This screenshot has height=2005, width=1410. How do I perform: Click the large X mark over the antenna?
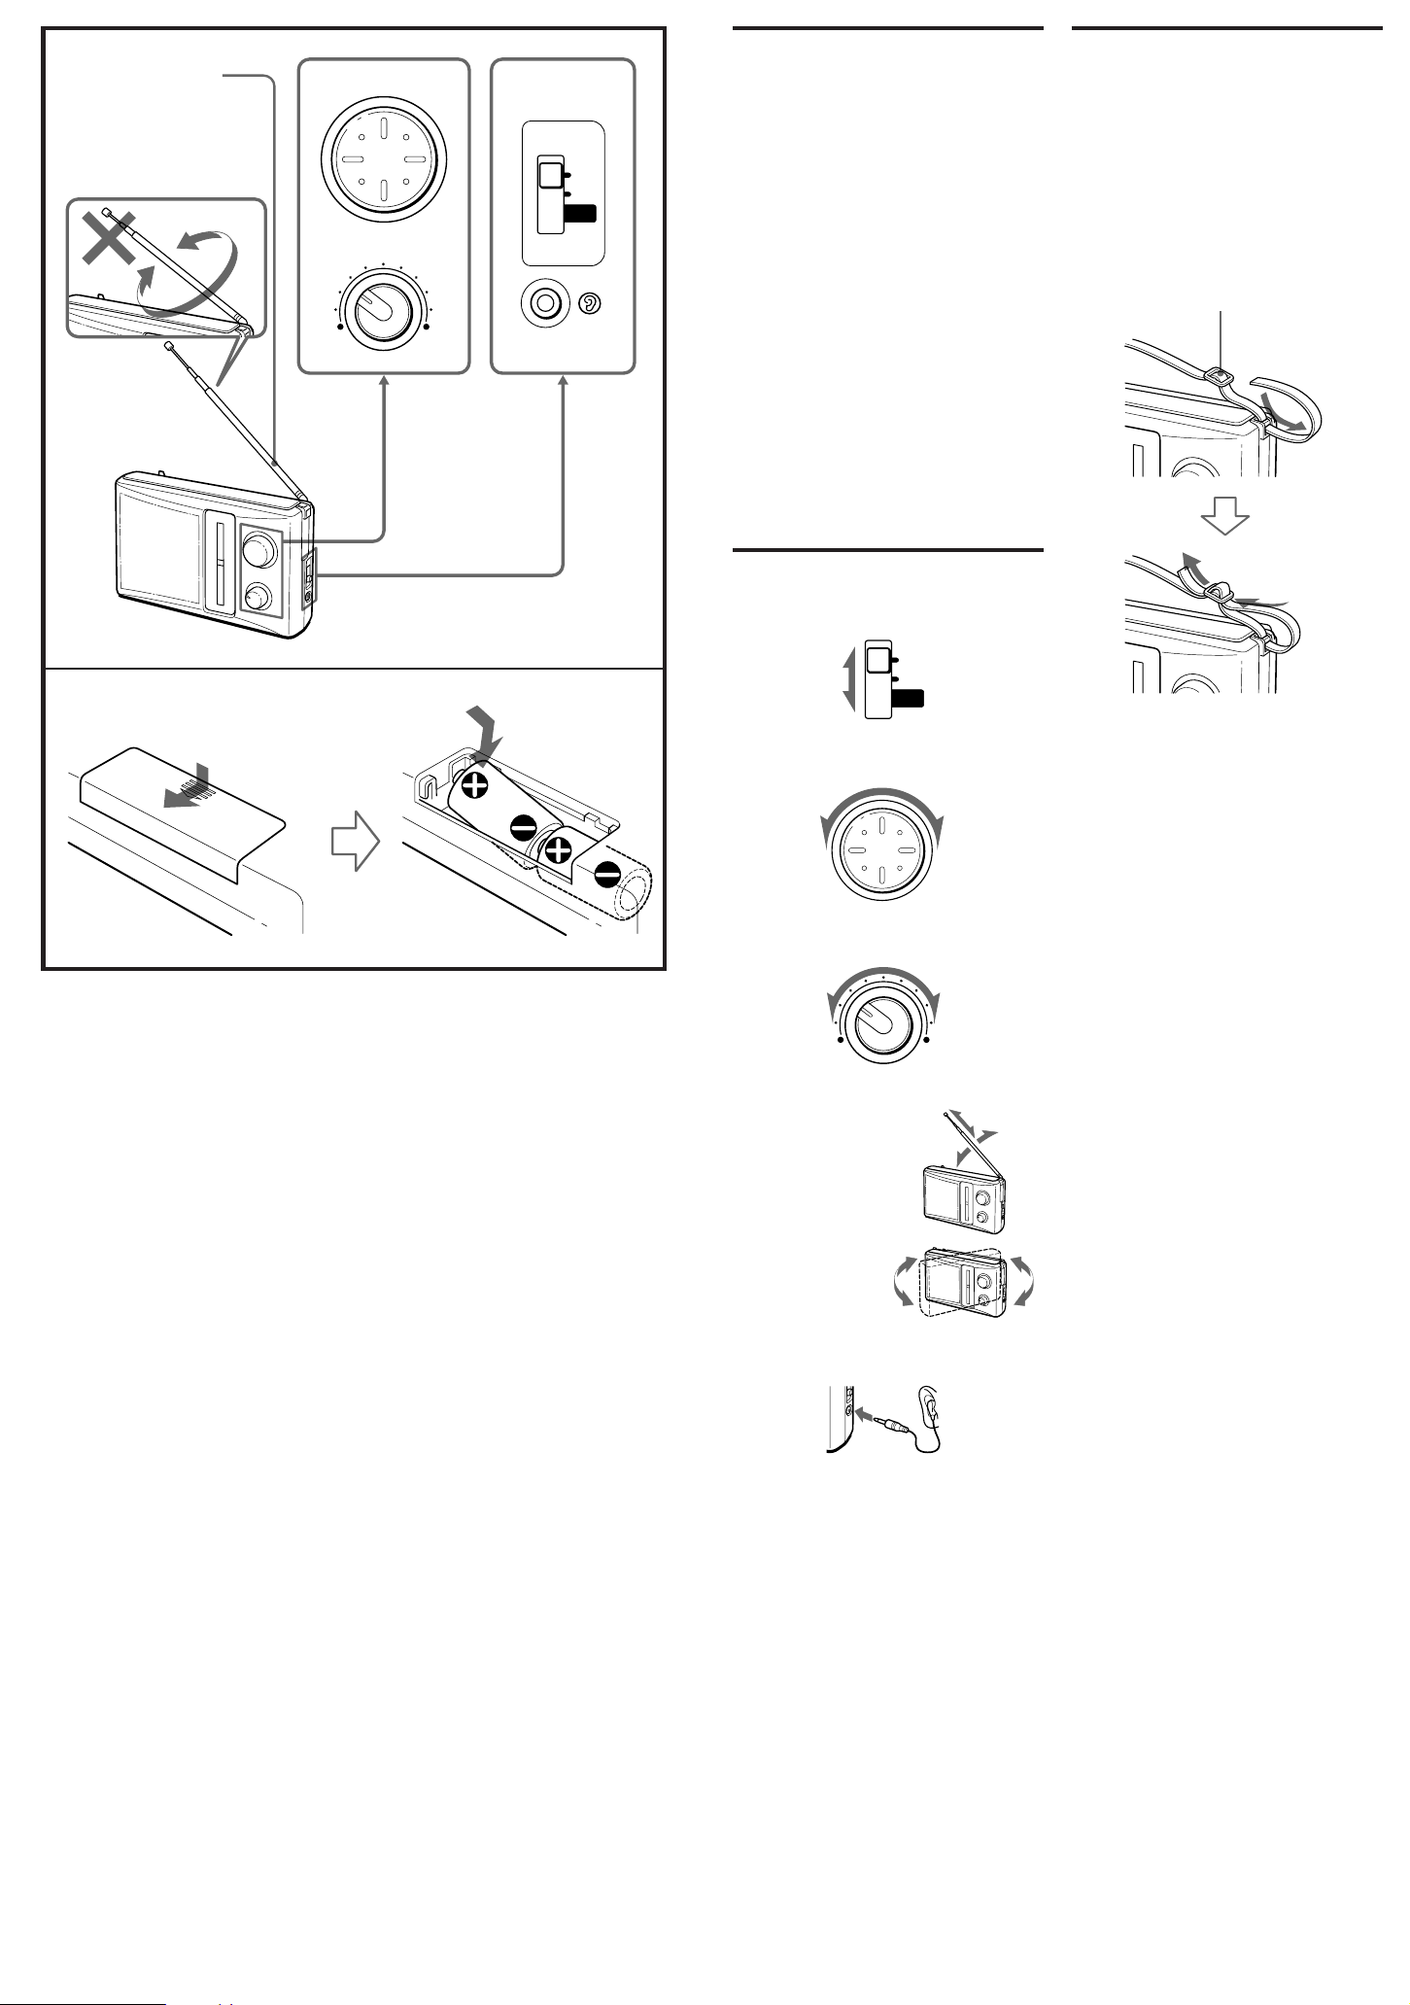109,238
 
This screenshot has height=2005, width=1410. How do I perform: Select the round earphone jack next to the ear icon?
546,303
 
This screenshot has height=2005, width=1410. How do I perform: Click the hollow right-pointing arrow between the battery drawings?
354,842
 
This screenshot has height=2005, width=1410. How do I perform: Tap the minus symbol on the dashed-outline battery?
608,874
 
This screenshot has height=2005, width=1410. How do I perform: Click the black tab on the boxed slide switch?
580,215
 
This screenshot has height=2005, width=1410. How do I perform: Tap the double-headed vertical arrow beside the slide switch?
848,680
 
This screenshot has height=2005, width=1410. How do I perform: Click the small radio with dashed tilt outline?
962,1283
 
